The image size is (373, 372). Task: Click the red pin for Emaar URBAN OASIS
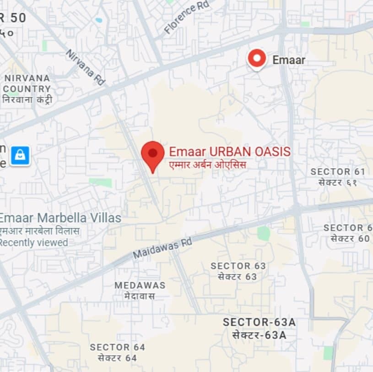152,154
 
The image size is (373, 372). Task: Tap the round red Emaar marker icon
257,59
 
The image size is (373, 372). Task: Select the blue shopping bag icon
20,156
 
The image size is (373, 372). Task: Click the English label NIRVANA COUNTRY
27,83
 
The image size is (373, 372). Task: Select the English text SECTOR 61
338,172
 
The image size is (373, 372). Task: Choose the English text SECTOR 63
238,266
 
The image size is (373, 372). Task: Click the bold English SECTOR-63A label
259,322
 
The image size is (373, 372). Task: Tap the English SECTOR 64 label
118,347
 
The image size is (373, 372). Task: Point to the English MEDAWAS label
140,285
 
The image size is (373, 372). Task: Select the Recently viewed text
34,242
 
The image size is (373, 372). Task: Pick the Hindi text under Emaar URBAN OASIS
208,164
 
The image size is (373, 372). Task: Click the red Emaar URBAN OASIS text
230,152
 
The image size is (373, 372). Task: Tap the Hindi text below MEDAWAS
140,295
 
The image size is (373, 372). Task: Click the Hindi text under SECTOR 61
338,182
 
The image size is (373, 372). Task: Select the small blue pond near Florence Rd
99,20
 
